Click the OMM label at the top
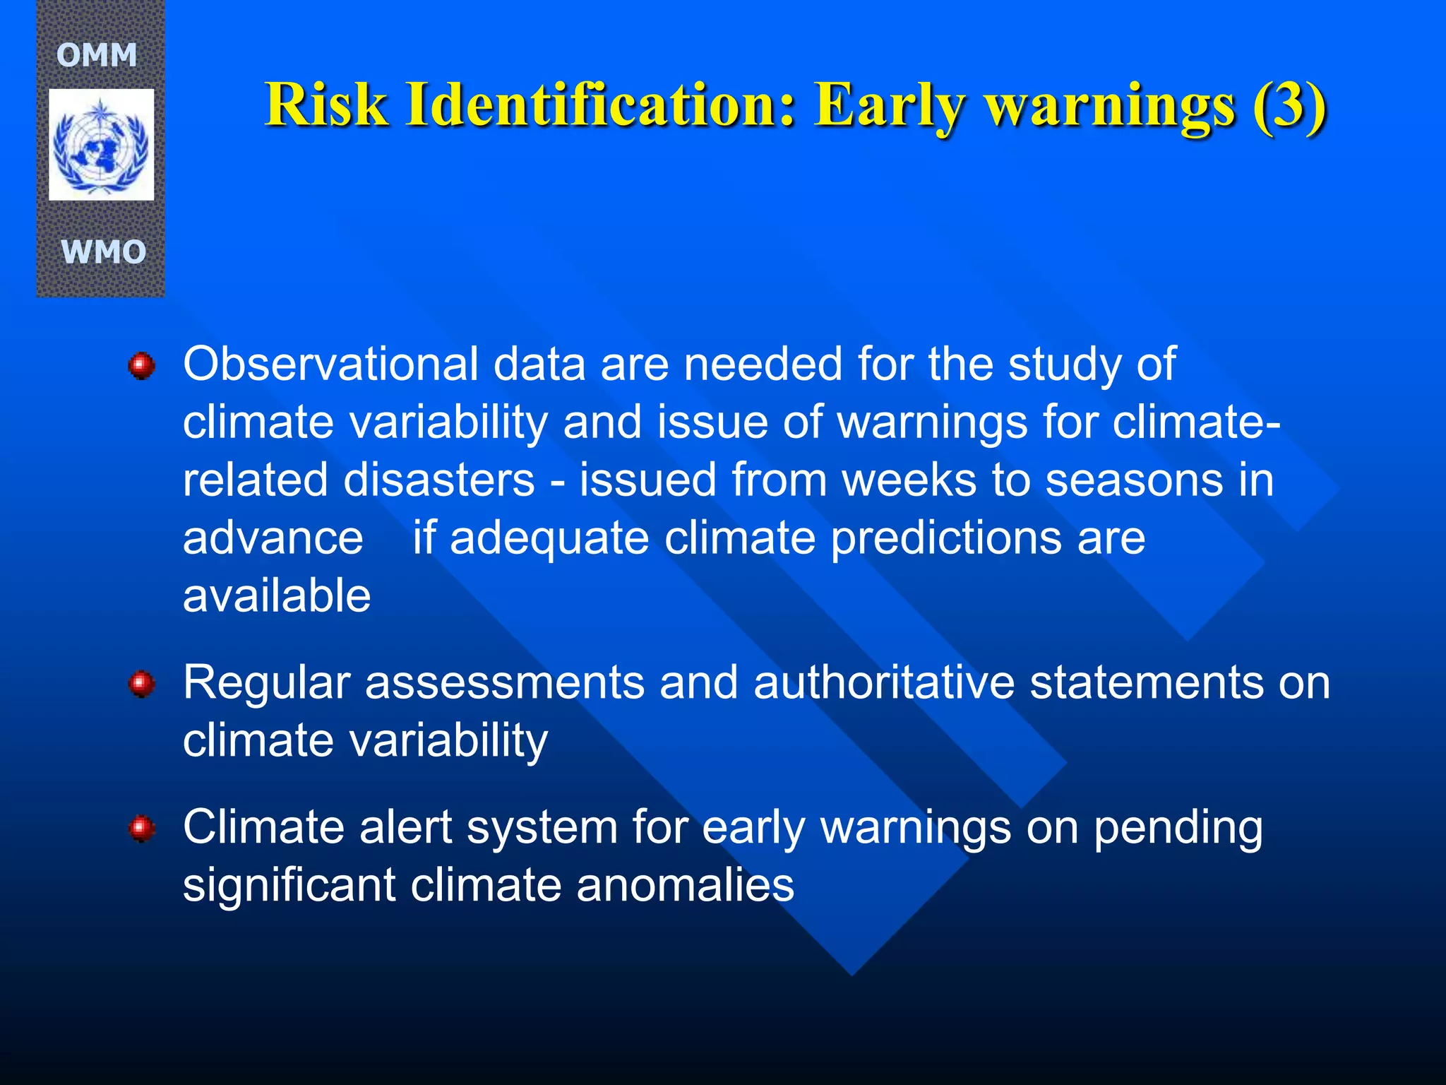coord(97,55)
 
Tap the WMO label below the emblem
coord(103,252)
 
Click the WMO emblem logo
coord(101,145)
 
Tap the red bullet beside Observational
coord(142,366)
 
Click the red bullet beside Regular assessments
coord(142,684)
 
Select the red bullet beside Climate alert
coord(142,828)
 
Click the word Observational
coord(330,364)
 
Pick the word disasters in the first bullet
coord(438,480)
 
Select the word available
coord(277,596)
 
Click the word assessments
coord(504,684)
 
